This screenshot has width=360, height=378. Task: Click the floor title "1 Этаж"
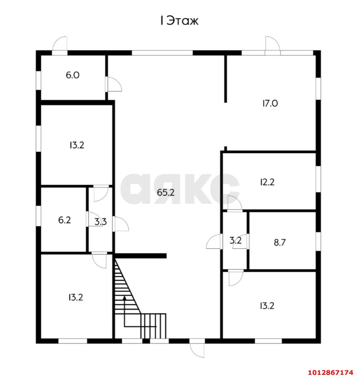point(179,21)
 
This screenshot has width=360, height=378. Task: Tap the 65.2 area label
point(166,193)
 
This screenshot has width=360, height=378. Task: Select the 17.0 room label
point(270,104)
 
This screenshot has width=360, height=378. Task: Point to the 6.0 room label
point(73,75)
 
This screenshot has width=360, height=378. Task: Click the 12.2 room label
point(267,182)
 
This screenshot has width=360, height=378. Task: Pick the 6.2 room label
point(65,220)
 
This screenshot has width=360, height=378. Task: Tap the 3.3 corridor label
point(101,222)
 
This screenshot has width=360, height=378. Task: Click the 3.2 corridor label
point(235,240)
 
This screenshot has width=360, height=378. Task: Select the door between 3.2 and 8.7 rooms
point(241,241)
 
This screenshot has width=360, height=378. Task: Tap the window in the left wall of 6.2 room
point(38,216)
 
